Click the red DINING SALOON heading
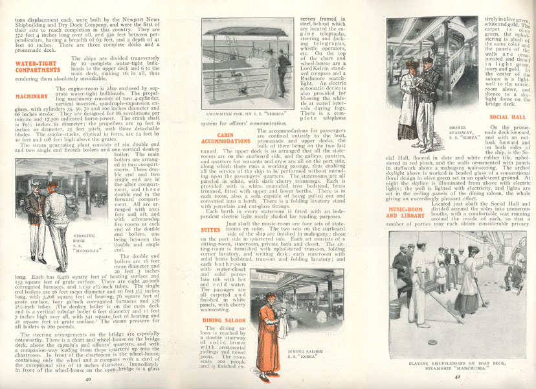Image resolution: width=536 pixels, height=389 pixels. tap(221, 320)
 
